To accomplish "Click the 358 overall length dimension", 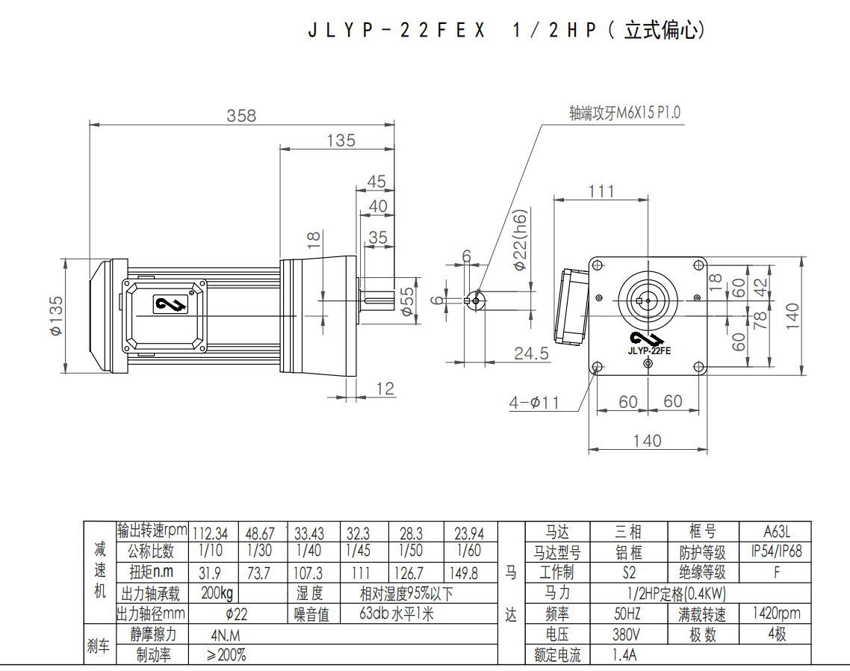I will click(241, 116).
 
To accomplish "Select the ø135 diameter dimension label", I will click(55, 315).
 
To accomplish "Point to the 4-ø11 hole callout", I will click(534, 403).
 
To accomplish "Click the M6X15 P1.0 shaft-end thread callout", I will click(624, 113).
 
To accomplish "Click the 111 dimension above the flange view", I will click(601, 191).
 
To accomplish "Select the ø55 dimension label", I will click(407, 301).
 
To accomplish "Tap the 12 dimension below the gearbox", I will click(385, 389).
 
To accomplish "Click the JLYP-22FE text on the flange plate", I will click(649, 350).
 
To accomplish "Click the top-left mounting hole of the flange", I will click(597, 265).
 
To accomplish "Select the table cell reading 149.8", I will click(464, 573).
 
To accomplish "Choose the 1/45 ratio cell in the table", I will click(359, 551).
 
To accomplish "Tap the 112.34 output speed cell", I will click(211, 534).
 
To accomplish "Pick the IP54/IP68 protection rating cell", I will click(776, 552).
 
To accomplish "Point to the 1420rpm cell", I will click(776, 613).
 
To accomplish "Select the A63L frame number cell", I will click(776, 532).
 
